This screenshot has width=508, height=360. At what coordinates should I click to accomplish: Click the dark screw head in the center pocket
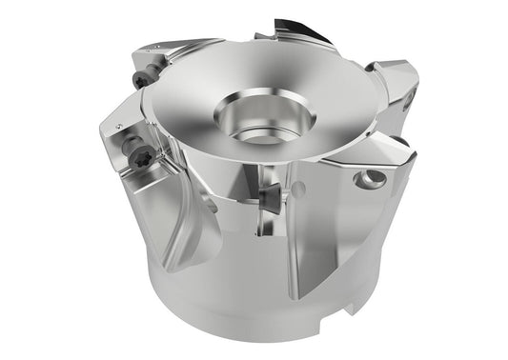(x=267, y=195)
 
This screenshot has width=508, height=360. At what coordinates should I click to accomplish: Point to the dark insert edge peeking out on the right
(x=401, y=143)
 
